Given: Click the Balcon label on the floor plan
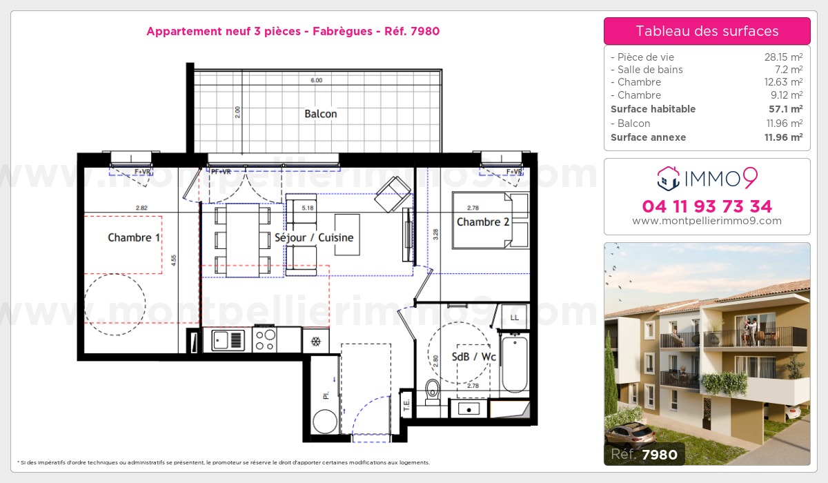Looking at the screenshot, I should (x=321, y=114).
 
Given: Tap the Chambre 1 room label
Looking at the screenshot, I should (x=134, y=238).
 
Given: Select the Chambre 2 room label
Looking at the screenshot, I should (x=483, y=222).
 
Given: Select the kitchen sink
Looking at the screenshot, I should (x=228, y=339).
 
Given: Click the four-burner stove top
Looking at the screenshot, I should (x=266, y=339).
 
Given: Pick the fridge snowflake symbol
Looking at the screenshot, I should (x=315, y=342).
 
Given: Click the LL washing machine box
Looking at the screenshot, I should (x=514, y=317).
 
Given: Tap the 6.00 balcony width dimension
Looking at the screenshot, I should (x=316, y=81).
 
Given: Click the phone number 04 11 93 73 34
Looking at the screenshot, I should (x=707, y=206).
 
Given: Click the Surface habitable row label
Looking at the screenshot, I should (x=653, y=109).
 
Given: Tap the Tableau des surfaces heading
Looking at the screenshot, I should (x=707, y=31).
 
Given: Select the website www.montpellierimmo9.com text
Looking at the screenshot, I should (x=707, y=221).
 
